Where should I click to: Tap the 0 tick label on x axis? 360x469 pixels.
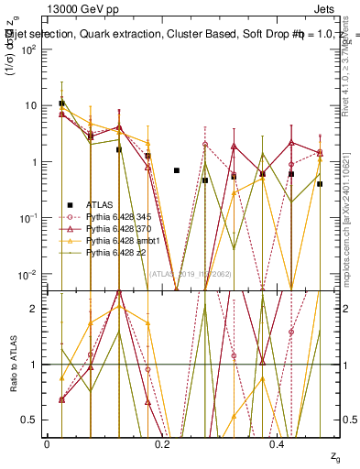pos(47,444)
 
